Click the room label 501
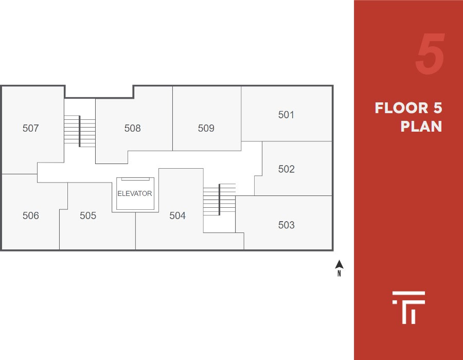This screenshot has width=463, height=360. [x=286, y=115]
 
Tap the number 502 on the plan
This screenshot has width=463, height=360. [x=286, y=169]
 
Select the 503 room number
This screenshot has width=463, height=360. [x=286, y=225]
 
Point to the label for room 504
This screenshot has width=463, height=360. [x=177, y=215]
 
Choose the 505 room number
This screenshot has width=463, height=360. [x=88, y=215]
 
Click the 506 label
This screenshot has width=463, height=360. [x=31, y=215]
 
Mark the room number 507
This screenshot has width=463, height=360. [x=31, y=128]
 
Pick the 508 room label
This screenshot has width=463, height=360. [x=132, y=128]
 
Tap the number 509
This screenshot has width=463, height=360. [x=206, y=128]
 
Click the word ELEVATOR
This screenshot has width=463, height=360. [x=135, y=194]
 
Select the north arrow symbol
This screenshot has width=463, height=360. [x=339, y=265]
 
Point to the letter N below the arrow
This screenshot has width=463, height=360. [x=339, y=274]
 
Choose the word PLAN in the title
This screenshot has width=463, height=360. [x=421, y=127]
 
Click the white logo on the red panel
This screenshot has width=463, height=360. [x=408, y=308]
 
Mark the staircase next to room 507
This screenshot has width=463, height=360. [x=80, y=132]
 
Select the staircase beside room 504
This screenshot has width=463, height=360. [x=220, y=200]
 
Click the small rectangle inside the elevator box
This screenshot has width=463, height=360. [x=135, y=179]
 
